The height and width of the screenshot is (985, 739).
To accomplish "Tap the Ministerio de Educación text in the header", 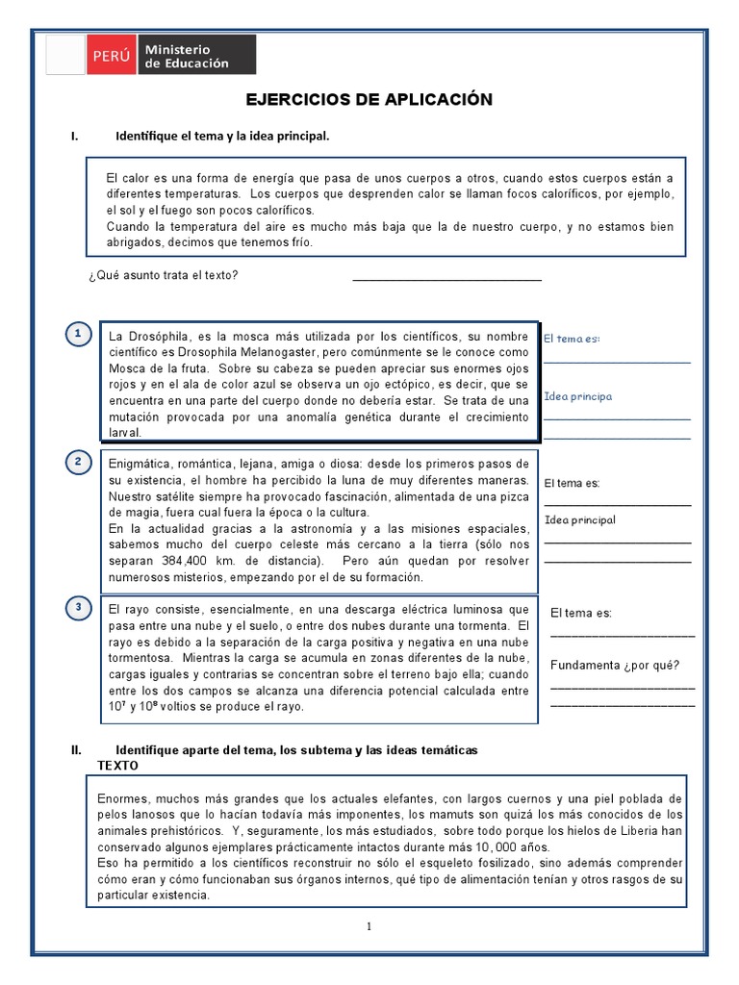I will click(x=187, y=56).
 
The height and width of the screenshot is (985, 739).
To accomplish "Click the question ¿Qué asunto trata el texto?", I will click(x=163, y=276).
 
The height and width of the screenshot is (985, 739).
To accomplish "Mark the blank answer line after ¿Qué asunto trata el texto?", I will click(x=446, y=279).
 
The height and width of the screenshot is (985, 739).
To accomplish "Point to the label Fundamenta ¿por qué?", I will click(x=615, y=665).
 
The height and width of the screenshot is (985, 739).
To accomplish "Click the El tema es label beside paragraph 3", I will click(x=581, y=613).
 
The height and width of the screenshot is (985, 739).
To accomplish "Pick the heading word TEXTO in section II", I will click(x=118, y=766).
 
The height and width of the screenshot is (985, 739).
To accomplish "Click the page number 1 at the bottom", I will click(x=368, y=926).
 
